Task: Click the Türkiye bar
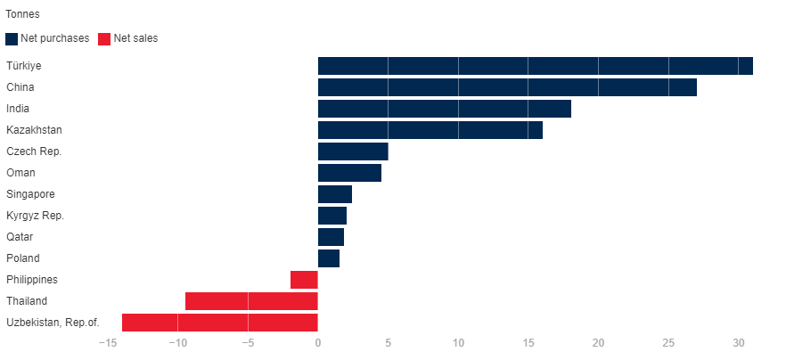tap(535, 66)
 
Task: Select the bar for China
tap(507, 87)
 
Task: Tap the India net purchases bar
tap(444, 109)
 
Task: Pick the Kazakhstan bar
tap(430, 130)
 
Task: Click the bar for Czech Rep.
tap(353, 151)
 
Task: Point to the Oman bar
tap(349, 173)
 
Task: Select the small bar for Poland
tap(329, 258)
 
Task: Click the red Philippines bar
tap(304, 280)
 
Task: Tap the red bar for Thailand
tap(251, 301)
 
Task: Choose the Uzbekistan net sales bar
tap(220, 323)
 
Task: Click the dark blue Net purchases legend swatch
tap(12, 38)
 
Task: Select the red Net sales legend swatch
tap(103, 38)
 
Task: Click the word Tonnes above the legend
tap(22, 14)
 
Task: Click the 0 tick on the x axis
tap(318, 344)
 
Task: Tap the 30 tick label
tap(738, 344)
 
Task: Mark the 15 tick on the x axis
tap(528, 344)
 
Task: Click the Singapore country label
tap(30, 194)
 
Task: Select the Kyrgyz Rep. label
tap(35, 216)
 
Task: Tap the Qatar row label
tap(20, 237)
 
